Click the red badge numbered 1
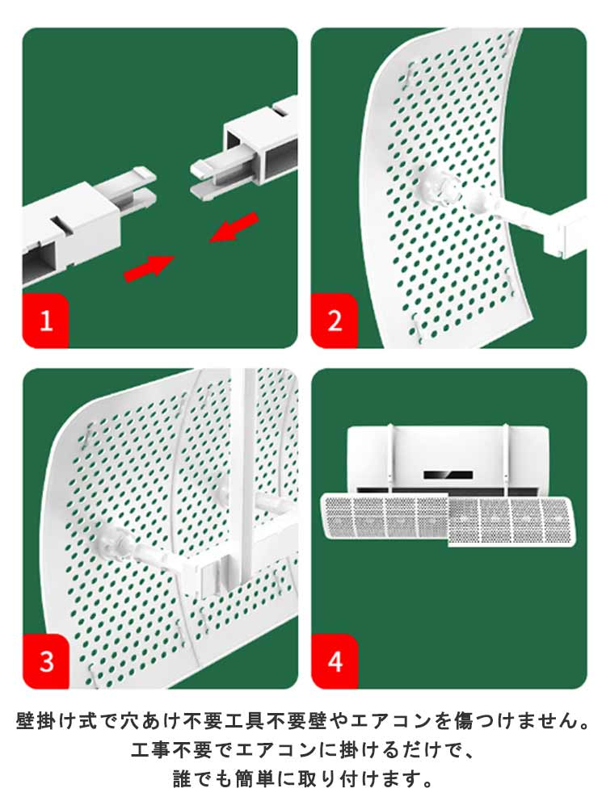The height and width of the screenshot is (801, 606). pos(45,321)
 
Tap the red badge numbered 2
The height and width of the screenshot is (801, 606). pos(335,321)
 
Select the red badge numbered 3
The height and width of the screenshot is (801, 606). pos(46,661)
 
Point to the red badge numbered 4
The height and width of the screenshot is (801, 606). pos(335,661)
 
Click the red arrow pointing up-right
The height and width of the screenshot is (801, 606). pos(149,267)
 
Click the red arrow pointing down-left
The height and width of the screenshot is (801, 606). pos(234,227)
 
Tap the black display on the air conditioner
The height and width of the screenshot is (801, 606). pos(448,475)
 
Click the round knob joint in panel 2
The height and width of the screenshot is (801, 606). pos(439,188)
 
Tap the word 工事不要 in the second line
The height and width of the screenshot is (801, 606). pos(171,750)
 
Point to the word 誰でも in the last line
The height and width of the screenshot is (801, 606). pos(203,779)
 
